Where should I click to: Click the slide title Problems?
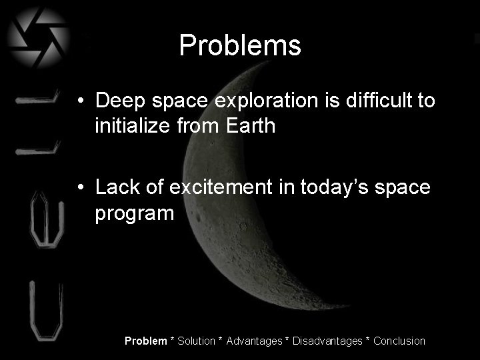tap(240, 46)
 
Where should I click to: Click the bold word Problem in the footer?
tap(146, 341)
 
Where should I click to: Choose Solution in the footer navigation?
tap(196, 341)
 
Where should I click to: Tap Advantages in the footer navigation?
tap(254, 341)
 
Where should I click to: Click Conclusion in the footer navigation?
tap(399, 341)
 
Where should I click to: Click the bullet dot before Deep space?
tap(81, 102)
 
